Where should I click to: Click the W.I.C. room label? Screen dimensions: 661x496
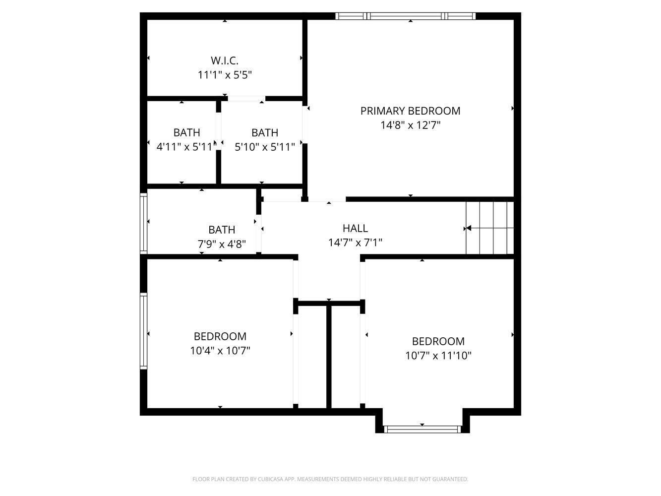click(x=224, y=61)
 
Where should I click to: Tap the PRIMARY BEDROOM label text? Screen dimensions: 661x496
click(x=410, y=111)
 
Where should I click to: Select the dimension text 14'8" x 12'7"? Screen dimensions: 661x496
click(x=410, y=125)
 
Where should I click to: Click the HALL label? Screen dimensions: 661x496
click(x=355, y=228)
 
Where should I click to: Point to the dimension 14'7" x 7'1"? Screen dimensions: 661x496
click(x=355, y=243)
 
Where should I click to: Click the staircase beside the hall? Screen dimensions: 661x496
click(x=489, y=228)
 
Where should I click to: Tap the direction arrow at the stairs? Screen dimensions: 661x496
click(x=468, y=228)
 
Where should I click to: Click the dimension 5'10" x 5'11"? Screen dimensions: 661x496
click(x=264, y=147)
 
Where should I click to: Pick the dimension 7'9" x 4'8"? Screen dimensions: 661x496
click(x=222, y=244)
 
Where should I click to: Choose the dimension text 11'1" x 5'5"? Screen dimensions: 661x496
click(x=224, y=75)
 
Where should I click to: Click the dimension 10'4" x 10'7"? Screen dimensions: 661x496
click(x=220, y=351)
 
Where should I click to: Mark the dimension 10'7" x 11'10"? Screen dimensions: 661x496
click(x=438, y=356)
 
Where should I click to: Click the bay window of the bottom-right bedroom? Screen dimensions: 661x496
click(x=422, y=429)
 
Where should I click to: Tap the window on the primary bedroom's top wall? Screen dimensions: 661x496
click(x=405, y=16)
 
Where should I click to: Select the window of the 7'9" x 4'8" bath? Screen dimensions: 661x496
click(x=144, y=223)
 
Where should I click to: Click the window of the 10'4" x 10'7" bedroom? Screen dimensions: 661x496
click(x=144, y=331)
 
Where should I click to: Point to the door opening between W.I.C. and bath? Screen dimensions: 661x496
click(x=246, y=99)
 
